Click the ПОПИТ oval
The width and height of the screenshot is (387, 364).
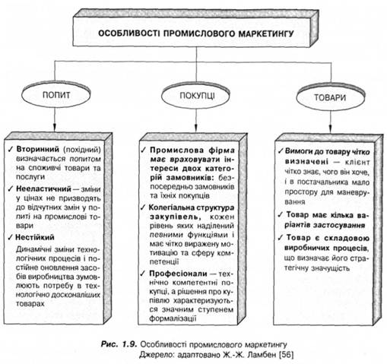[x=56, y=96]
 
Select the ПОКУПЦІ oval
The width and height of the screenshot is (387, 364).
[x=195, y=96]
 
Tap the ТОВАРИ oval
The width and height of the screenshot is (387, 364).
[x=330, y=98]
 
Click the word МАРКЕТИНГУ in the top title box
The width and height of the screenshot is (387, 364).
[x=266, y=33]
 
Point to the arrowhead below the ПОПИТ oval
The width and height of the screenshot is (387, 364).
[x=54, y=127]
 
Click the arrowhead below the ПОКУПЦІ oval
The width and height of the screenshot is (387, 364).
[x=195, y=127]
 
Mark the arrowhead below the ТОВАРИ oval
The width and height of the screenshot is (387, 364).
[x=330, y=128]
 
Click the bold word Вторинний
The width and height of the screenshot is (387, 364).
[x=37, y=150]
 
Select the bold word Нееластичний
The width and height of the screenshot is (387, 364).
[x=43, y=189]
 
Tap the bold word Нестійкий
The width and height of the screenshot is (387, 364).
[x=35, y=237]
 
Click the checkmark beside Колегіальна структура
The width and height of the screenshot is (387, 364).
[x=144, y=207]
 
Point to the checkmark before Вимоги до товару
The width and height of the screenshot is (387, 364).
[x=281, y=151]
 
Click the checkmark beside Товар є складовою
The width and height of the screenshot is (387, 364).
[x=281, y=238]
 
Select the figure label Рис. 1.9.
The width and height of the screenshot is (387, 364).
[x=119, y=344]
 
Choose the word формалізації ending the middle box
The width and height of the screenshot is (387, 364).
[x=173, y=318]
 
